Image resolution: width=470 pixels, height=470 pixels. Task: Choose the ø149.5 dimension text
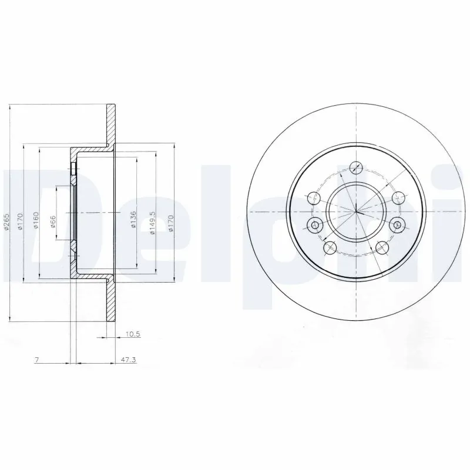coord(152,224)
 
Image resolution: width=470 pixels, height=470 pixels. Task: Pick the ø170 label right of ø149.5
coord(170,224)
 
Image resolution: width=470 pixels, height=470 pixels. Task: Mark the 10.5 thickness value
coord(132,335)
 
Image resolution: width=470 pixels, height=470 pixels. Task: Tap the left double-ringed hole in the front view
coord(314,224)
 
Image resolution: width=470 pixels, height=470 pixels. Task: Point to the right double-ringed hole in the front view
coord(397,223)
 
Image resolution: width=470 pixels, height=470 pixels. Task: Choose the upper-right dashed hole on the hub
coord(398,197)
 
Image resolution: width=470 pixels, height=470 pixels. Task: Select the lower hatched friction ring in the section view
coord(111,300)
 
